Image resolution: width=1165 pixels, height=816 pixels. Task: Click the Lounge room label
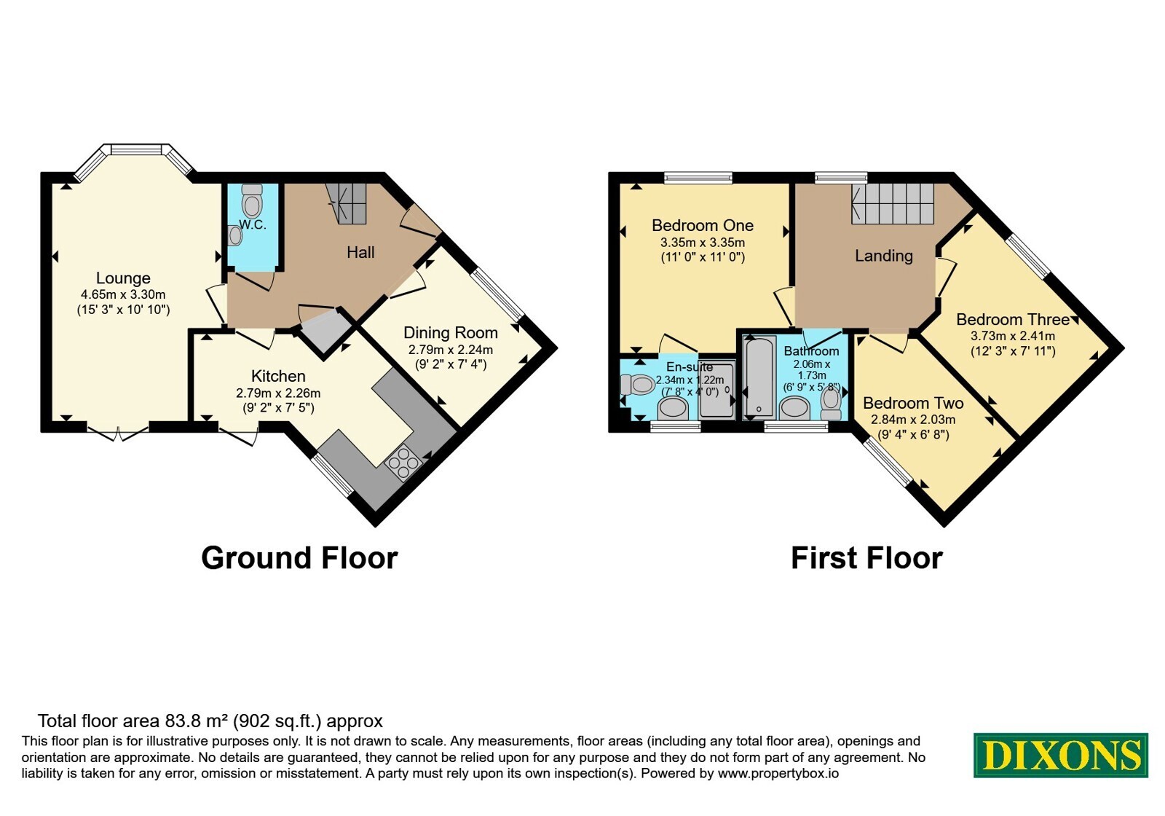click(x=123, y=278)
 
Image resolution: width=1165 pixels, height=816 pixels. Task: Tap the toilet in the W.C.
click(x=252, y=200)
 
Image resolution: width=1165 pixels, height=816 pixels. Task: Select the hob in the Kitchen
click(x=403, y=462)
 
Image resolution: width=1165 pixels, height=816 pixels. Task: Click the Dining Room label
click(x=451, y=332)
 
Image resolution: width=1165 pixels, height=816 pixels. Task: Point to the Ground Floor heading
click(x=299, y=557)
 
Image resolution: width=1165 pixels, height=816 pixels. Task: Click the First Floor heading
click(x=866, y=558)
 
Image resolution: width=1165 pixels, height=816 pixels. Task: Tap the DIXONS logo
click(x=1060, y=755)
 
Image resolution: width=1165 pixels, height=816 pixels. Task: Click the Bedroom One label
click(x=703, y=225)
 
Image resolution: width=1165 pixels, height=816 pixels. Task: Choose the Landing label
click(x=884, y=256)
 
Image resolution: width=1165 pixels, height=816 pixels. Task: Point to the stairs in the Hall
click(x=347, y=203)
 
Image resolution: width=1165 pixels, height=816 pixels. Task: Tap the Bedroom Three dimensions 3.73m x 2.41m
click(x=1013, y=336)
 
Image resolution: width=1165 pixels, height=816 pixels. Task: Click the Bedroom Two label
click(x=913, y=403)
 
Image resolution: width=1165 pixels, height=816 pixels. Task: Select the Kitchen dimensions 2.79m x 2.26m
click(x=278, y=393)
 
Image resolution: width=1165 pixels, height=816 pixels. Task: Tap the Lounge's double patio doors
click(x=118, y=433)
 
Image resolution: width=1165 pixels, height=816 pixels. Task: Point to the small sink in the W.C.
click(x=234, y=235)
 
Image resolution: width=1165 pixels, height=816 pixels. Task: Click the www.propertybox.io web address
click(x=778, y=773)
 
